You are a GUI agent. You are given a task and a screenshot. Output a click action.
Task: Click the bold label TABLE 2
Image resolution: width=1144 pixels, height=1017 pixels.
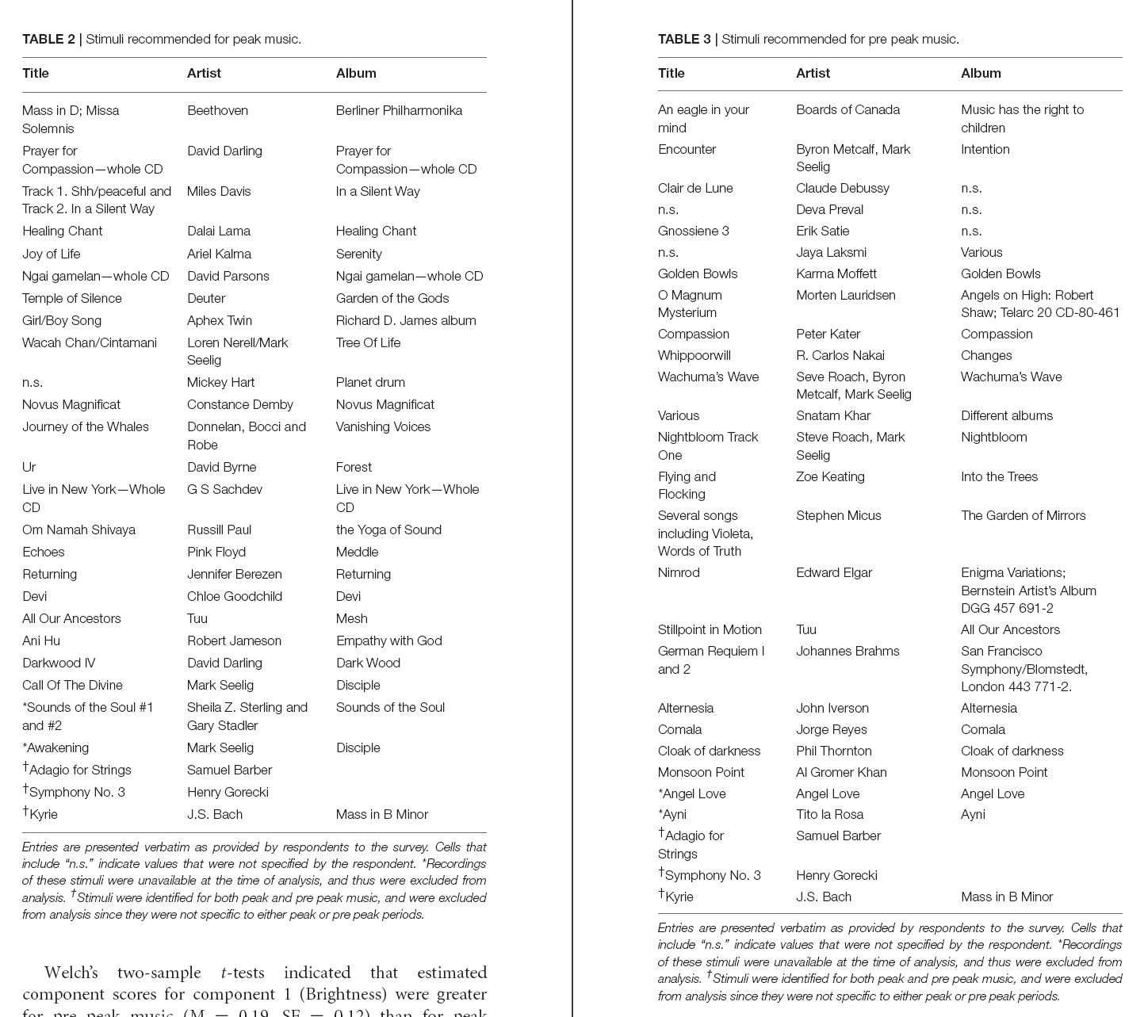pos(48,39)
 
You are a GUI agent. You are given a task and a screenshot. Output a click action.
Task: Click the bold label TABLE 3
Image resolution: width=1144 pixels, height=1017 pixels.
pos(684,39)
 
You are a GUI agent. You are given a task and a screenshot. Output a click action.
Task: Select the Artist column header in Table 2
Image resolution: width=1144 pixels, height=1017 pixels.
pos(204,73)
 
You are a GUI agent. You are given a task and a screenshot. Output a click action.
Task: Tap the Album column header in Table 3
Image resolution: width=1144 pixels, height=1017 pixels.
pos(981,73)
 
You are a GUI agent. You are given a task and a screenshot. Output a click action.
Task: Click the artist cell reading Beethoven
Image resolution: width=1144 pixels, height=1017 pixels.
pos(217,110)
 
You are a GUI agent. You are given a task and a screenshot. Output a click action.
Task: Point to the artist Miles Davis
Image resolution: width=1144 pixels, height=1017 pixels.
pos(219,191)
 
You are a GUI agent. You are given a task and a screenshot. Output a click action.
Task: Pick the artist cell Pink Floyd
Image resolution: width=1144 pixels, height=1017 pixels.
pos(216,552)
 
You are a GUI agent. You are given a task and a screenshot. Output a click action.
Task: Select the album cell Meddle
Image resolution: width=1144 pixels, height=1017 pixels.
pos(357,552)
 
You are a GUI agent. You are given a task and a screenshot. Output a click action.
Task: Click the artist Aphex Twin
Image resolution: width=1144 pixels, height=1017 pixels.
pos(220,320)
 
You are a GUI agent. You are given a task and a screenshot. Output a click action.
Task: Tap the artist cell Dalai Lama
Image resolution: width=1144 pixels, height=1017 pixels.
pos(219,231)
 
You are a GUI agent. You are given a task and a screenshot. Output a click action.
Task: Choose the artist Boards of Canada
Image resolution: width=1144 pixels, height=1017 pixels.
pos(847,109)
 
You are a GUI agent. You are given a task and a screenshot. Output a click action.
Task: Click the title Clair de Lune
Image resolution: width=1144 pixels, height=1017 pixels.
pos(695,188)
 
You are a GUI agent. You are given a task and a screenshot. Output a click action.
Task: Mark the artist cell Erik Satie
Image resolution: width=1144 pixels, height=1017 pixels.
pos(822,231)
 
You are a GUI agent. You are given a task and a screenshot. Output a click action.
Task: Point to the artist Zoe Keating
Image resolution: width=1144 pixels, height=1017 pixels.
pos(830,476)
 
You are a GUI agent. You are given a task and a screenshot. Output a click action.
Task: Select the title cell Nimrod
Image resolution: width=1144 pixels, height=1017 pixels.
pos(679,572)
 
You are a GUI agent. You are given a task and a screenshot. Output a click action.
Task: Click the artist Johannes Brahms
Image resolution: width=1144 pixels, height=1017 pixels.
pos(847,651)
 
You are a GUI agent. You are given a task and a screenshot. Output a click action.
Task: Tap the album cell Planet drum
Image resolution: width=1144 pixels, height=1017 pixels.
pos(370,382)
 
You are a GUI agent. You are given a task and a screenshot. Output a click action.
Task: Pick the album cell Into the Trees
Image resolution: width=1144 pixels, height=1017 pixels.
pos(999,476)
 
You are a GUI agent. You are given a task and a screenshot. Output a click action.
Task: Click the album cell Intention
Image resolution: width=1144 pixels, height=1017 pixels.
pos(985,149)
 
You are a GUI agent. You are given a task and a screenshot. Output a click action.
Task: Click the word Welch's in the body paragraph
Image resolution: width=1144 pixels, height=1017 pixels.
pos(72,973)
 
